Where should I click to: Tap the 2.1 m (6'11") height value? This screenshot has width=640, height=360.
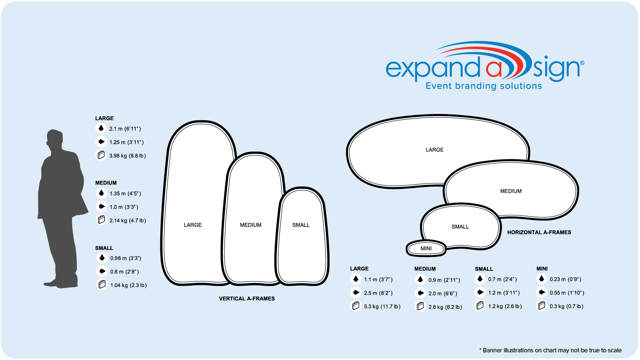pos(125,129)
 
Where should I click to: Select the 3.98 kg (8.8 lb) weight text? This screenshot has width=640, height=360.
pos(128,156)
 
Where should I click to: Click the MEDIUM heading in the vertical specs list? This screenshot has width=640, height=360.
pos(106,183)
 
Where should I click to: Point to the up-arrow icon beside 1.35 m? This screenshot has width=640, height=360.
pos(101,193)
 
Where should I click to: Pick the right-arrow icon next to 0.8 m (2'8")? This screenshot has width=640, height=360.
pos(102,271)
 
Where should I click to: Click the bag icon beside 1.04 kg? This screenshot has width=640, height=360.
pos(102,284)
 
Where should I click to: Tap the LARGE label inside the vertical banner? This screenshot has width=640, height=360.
pos(193,225)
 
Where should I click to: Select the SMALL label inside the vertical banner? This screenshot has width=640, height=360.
pos(301,225)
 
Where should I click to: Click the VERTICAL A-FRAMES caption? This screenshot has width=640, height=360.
pos(247,299)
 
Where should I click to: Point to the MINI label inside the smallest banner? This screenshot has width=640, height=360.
pos(426,249)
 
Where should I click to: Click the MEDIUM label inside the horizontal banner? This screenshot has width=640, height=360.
pos(511,191)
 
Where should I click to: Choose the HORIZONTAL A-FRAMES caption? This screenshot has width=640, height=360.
pos(539,232)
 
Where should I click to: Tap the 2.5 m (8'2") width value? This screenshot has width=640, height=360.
pos(378,293)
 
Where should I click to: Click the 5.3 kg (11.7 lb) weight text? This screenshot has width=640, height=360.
pos(382,307)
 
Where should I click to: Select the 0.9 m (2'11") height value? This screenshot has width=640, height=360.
pos(444,280)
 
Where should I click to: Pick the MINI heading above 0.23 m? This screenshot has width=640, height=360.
pos(542,269)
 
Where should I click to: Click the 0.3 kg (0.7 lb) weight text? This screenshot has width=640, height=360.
pos(567,306)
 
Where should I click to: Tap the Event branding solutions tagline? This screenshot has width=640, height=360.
pos(484,86)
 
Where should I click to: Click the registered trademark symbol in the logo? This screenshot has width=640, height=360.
pos(582,63)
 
